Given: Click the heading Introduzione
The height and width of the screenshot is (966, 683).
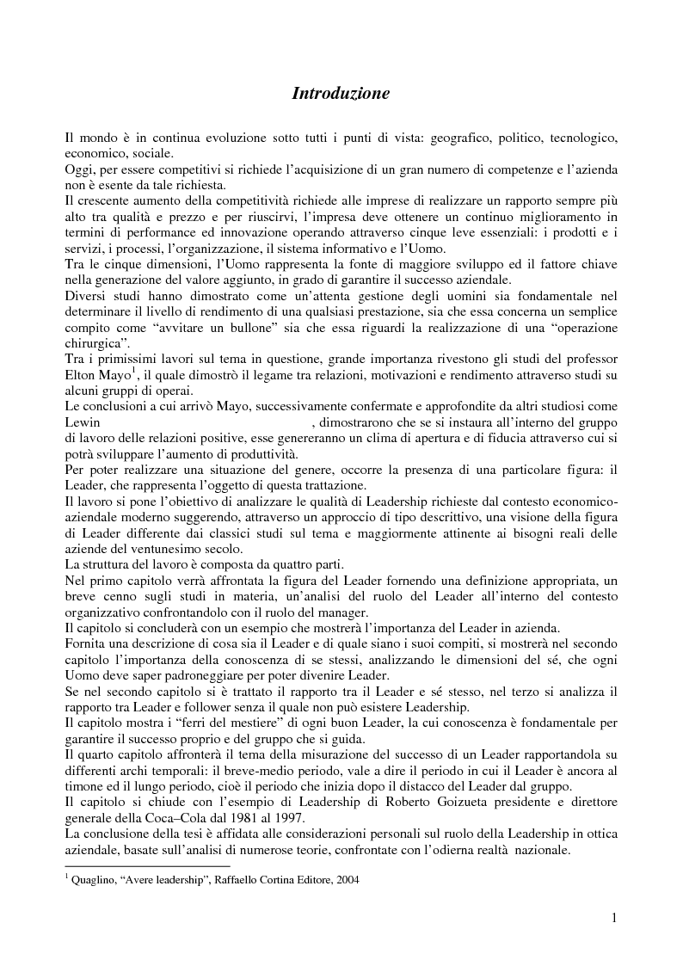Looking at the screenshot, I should [341, 93].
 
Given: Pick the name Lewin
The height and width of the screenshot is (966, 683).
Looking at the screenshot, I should [83, 423].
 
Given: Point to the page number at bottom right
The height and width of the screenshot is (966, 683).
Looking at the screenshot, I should [614, 919].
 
